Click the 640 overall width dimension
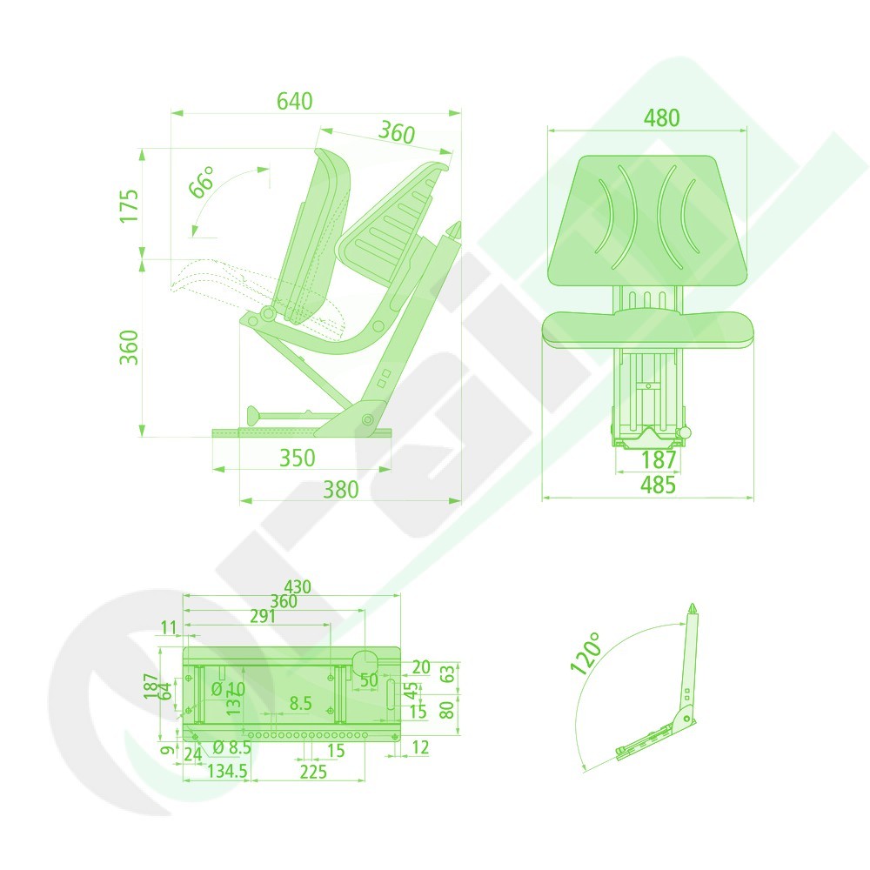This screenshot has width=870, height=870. [x=295, y=102]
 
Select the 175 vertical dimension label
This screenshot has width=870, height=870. [x=130, y=206]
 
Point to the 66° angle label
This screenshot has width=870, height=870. [x=202, y=182]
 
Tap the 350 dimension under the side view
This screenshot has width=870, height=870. [x=298, y=458]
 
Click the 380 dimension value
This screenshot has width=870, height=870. [x=341, y=490]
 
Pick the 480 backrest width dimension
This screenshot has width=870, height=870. [x=661, y=117]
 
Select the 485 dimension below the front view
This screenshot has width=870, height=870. [x=659, y=485]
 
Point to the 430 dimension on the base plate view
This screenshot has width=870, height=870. [x=298, y=586]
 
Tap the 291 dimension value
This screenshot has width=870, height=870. [x=263, y=616]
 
